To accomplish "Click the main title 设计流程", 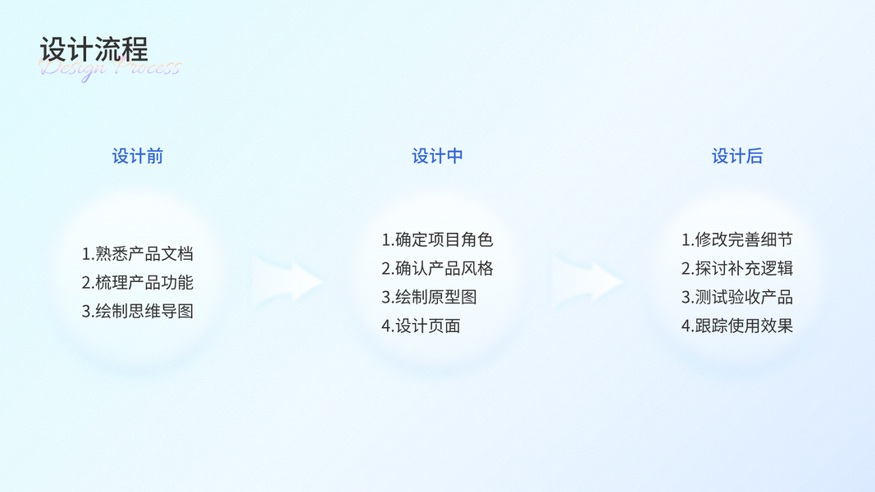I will pyautogui.click(x=94, y=49).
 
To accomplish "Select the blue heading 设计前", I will pyautogui.click(x=138, y=156).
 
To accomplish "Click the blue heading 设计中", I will pyautogui.click(x=437, y=156).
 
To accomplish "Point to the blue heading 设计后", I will pyautogui.click(x=737, y=156).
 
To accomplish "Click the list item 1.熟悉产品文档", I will pyautogui.click(x=138, y=254).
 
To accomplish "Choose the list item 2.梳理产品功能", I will pyautogui.click(x=138, y=283).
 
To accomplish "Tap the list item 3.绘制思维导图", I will pyautogui.click(x=138, y=312).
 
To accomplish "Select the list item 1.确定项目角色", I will pyautogui.click(x=437, y=240).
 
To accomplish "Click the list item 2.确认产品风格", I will pyautogui.click(x=437, y=269).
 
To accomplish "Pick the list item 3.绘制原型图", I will pyautogui.click(x=429, y=298).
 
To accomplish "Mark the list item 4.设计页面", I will pyautogui.click(x=421, y=326).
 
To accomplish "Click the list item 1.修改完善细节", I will pyautogui.click(x=737, y=240).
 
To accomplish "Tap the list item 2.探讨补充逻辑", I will pyautogui.click(x=737, y=269).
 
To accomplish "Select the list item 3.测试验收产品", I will pyautogui.click(x=737, y=298).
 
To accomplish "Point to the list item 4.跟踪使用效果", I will pyautogui.click(x=737, y=326).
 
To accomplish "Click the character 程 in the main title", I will pyautogui.click(x=135, y=49).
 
